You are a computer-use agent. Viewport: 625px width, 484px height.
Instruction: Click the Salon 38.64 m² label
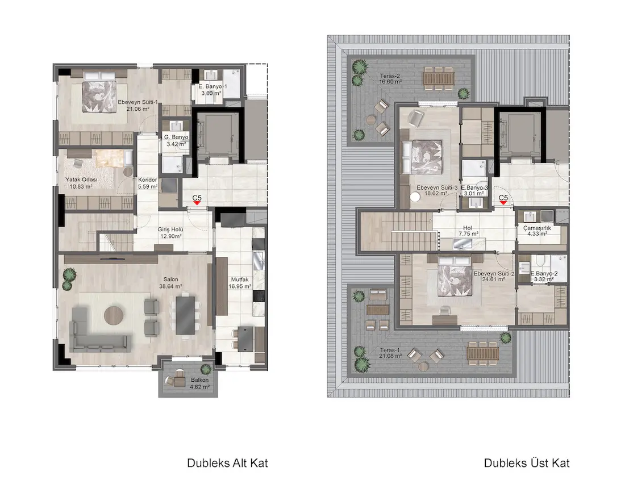pos(170,283)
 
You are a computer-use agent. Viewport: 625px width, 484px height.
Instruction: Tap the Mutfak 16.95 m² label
pos(240,283)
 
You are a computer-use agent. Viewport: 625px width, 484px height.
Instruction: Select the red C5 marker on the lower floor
pos(197,203)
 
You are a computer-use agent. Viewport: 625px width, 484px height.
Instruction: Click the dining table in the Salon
pos(185,315)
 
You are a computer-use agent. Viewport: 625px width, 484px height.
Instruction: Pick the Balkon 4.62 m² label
pos(199,383)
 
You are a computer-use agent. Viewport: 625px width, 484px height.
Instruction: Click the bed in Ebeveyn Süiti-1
pos(99,94)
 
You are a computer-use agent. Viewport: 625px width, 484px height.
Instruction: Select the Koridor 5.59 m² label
pos(148,183)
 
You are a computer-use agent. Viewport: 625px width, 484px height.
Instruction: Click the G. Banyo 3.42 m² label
pos(176,140)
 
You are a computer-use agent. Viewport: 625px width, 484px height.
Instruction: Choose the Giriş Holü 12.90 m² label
pos(170,233)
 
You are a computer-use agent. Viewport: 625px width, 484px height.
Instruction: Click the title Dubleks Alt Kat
pos(227,463)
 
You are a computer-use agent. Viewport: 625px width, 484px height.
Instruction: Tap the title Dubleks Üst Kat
pos(527,463)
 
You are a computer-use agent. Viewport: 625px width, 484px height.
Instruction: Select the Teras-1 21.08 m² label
pos(390,353)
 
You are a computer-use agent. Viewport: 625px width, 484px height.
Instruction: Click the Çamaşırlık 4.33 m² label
pos(537,231)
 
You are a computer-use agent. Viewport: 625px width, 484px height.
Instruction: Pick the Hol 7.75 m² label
pos(468,231)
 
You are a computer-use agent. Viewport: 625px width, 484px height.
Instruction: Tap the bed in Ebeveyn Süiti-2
pos(455,277)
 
